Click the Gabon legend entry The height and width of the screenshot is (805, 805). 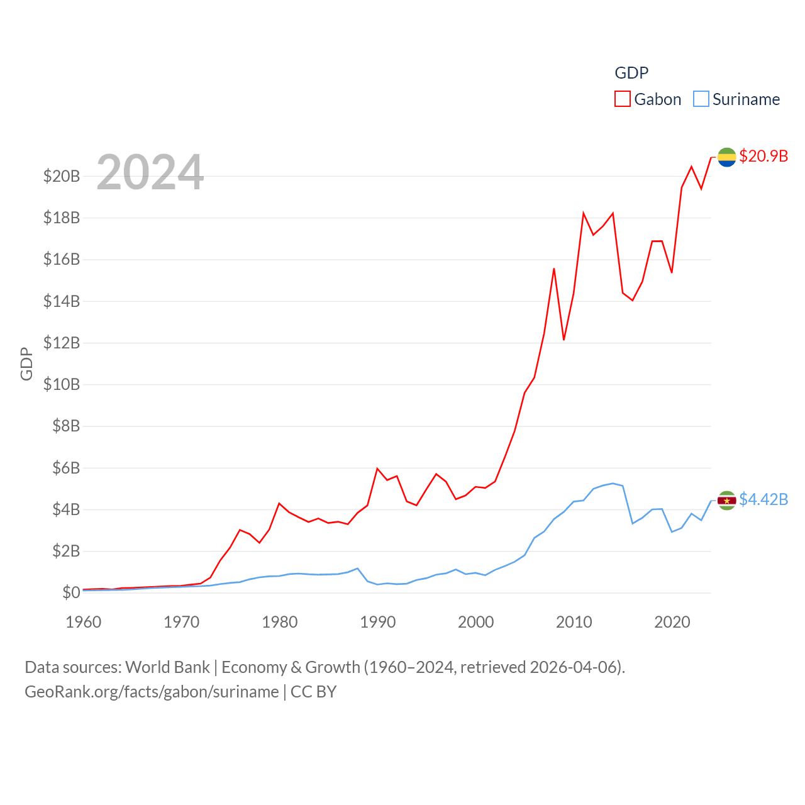point(648,99)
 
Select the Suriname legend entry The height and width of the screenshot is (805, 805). point(736,99)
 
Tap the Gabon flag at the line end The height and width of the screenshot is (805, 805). point(727,157)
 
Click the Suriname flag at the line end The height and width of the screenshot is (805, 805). point(727,501)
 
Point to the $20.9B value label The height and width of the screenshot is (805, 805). point(763,156)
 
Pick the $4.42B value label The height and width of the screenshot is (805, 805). point(763,499)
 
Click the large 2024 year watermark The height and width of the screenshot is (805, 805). point(150,172)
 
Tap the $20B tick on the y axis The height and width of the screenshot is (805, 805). point(62,176)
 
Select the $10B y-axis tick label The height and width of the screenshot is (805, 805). point(62,384)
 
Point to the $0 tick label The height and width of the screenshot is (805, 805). point(71,592)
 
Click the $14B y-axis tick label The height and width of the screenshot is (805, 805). point(62,301)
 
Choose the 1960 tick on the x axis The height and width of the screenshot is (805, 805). point(84,622)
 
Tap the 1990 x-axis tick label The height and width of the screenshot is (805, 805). point(378,622)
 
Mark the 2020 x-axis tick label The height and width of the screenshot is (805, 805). point(672,622)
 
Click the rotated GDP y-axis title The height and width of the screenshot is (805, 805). point(26,364)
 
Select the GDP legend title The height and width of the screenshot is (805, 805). point(631,73)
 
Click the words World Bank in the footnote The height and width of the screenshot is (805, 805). point(167,667)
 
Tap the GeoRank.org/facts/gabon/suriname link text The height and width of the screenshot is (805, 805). point(152,692)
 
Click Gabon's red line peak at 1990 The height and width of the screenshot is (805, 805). point(377,469)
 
